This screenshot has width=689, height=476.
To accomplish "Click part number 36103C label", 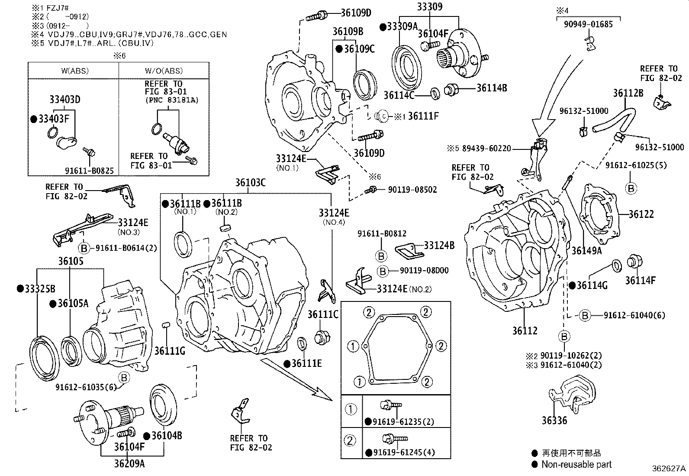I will (251, 183).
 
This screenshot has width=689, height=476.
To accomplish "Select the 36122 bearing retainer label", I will (641, 214).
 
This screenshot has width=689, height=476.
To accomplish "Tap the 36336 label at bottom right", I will (554, 420).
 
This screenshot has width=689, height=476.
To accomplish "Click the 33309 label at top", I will (430, 6).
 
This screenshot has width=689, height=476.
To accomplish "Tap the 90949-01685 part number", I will (588, 25).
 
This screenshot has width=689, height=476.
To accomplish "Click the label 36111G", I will (170, 351).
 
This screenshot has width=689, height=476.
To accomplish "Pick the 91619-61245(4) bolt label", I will (403, 453).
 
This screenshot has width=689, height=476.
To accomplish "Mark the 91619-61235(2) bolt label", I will (403, 421).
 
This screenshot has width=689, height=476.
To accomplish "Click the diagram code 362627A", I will (669, 469).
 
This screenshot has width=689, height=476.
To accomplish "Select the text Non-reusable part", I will (576, 464).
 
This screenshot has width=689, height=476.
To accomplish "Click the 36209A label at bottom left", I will (129, 463).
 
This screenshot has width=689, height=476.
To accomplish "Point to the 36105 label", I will (71, 261).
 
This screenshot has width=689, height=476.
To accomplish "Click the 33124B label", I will (439, 246).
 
